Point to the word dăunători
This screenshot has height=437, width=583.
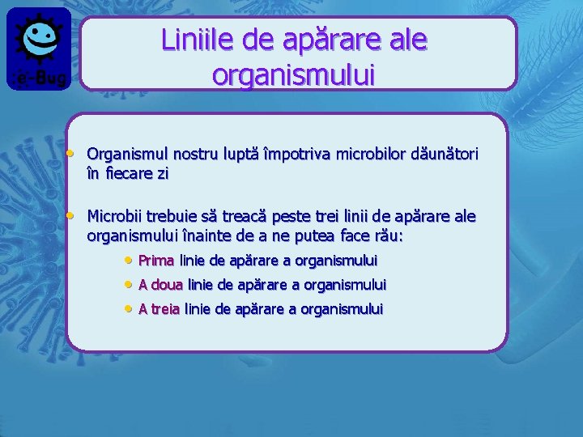(x=444, y=153)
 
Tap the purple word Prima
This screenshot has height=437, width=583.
(x=156, y=261)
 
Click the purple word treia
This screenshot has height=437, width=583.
(x=165, y=309)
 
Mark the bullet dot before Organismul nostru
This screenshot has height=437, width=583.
(x=71, y=152)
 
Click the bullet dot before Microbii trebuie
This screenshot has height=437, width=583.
(x=71, y=215)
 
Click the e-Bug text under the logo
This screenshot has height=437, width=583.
(x=39, y=78)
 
